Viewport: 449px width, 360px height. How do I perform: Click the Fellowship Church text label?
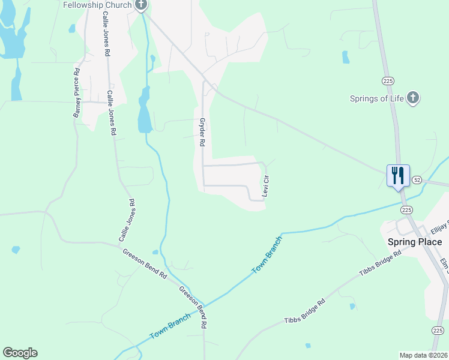coord(98,5)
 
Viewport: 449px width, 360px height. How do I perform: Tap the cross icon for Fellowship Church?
coord(141,5)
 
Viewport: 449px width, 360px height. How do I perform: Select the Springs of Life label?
coord(377,98)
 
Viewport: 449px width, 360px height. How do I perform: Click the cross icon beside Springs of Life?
coord(412,98)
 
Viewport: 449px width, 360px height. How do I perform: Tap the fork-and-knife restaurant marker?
coord(398,176)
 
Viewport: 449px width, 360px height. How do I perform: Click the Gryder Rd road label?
coord(202,133)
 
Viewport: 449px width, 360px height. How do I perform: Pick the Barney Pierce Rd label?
coord(77,92)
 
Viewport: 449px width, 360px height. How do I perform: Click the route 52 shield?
coord(417,180)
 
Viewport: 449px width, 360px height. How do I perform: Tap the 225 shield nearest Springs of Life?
coord(387,80)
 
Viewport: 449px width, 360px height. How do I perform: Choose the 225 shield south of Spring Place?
coord(438,330)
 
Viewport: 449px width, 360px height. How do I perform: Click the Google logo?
coord(20,353)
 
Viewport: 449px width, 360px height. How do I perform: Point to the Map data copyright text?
coord(423,355)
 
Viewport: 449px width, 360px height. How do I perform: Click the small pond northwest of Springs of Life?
coord(346,57)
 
